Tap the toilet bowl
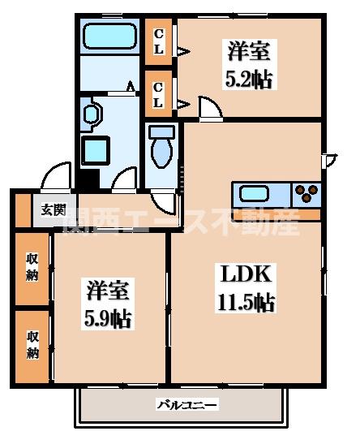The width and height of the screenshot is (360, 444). pyautogui.click(x=162, y=154)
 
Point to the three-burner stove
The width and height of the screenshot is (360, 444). pyautogui.click(x=307, y=193)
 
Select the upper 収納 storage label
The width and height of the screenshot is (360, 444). pyautogui.click(x=32, y=266)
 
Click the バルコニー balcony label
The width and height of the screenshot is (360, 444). pyautogui.click(x=181, y=404)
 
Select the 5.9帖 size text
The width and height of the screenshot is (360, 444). pyautogui.click(x=107, y=317)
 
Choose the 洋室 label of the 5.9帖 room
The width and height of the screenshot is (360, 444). pyautogui.click(x=107, y=289)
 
